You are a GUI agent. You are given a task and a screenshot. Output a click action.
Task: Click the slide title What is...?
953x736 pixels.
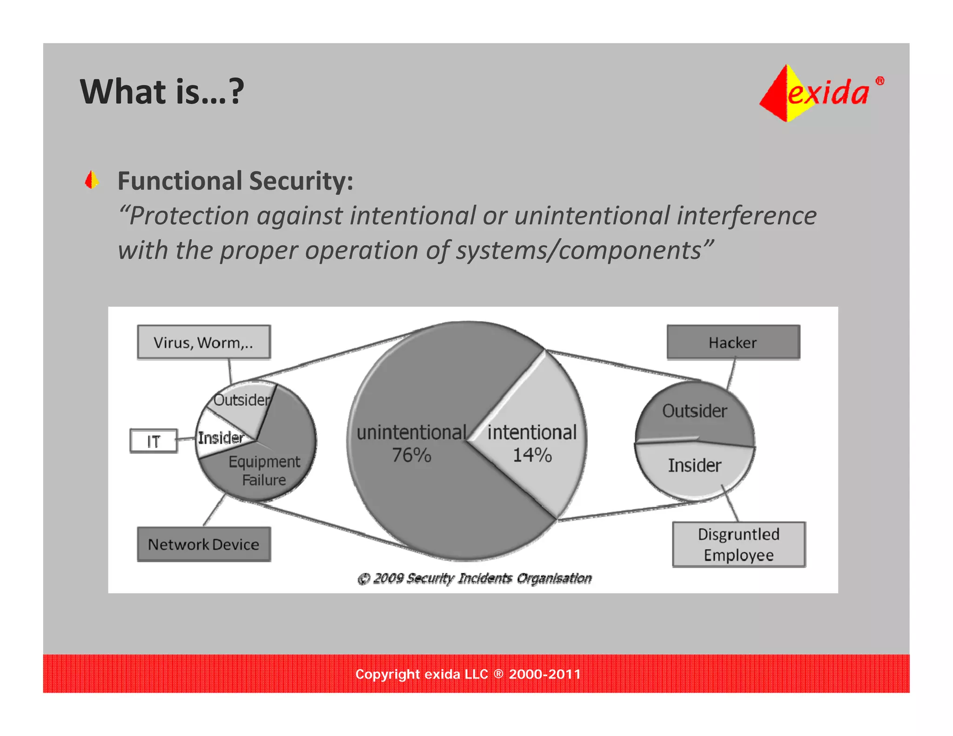coord(162,92)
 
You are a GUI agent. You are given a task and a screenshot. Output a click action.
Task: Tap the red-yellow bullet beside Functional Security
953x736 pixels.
coord(92,180)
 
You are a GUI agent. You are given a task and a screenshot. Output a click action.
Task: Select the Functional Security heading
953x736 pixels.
coord(235,181)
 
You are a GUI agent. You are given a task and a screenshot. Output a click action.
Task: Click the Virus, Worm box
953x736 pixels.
coord(203,342)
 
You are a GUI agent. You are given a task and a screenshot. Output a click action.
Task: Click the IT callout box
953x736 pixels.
coord(154,441)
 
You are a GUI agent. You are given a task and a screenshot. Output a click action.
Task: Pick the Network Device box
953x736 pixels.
coord(203,544)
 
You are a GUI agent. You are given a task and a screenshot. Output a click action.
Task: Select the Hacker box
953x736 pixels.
coord(733,342)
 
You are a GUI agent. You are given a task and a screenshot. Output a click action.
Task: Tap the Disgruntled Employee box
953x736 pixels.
coord(738,544)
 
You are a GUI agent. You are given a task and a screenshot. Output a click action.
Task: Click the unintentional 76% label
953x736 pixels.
coord(411,443)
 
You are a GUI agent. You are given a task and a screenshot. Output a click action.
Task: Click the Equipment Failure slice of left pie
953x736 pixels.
coord(270,470)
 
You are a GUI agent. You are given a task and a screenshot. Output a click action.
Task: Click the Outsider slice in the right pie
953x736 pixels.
coord(694,411)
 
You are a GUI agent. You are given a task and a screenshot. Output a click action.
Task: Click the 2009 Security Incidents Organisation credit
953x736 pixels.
coord(475,578)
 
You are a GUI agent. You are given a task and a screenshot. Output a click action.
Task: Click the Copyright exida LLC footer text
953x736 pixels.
coord(468,674)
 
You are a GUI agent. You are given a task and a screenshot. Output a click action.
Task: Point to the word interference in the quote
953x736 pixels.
coord(746,216)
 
